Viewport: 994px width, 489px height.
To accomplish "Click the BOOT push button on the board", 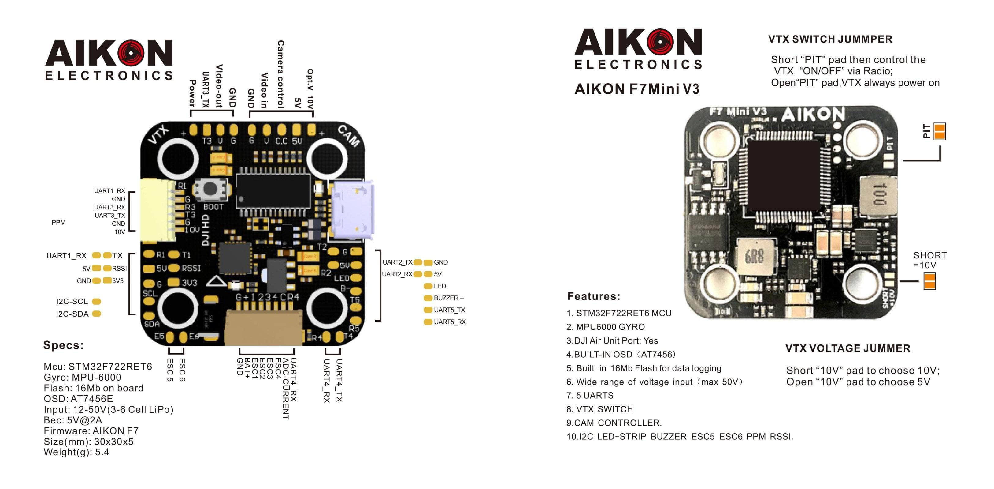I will pos(210,189).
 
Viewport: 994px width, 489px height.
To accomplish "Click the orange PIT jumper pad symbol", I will pos(940,131).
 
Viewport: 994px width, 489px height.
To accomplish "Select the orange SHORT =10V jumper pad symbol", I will pos(929,281).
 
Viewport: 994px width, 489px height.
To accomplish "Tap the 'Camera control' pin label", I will pos(280,74).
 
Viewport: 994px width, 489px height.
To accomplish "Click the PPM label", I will pos(59,223).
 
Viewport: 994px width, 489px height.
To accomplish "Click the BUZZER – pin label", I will pos(448,298).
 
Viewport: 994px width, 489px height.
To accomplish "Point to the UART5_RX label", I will pos(450,322).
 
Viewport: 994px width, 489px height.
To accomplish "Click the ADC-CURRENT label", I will pos(286,389).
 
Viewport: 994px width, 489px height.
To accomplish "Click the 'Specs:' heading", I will pos(64,345).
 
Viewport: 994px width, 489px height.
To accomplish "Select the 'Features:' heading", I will pos(593,296).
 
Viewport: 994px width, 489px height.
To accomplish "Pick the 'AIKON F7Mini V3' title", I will pos(637,89).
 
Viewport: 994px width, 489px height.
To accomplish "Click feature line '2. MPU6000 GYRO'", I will pos(606,327).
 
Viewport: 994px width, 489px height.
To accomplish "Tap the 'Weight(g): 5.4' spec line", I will pos(76,452).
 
